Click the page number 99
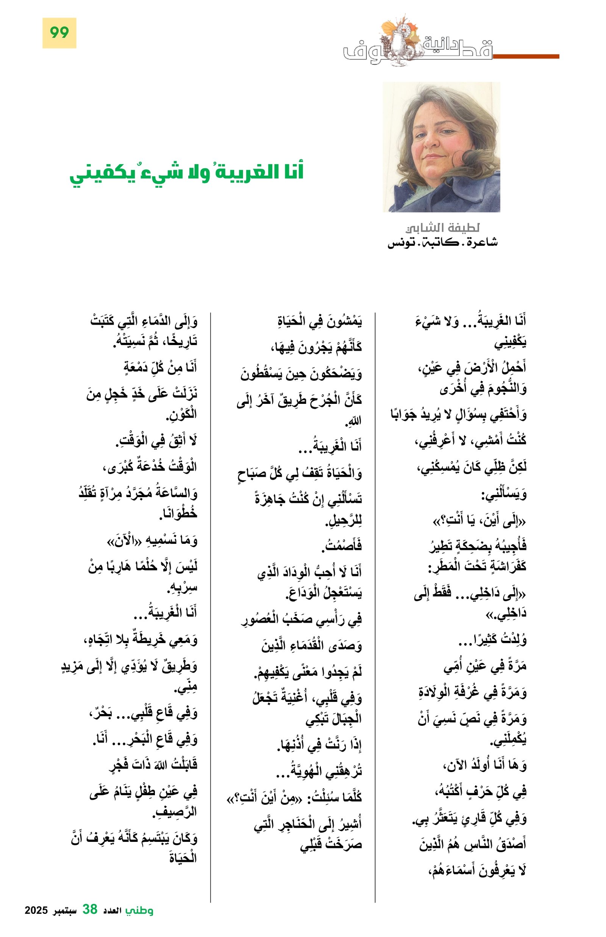pyautogui.click(x=59, y=33)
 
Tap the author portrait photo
pyautogui.click(x=441, y=147)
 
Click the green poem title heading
pyautogui.click(x=186, y=173)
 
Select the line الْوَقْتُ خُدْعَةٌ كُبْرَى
pyautogui.click(x=150, y=467)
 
